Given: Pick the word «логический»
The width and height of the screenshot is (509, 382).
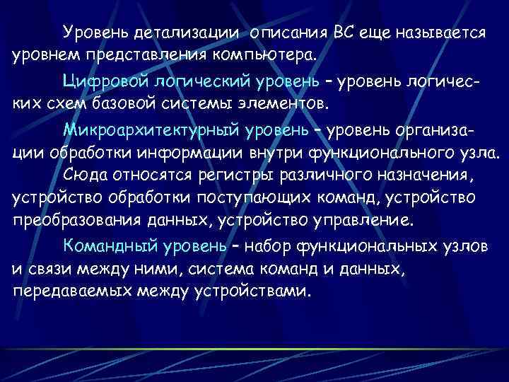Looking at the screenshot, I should point(186,81).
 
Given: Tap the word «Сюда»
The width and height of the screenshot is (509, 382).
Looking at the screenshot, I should point(82,173).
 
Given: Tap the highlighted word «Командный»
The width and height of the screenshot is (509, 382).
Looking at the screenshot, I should point(105,245).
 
